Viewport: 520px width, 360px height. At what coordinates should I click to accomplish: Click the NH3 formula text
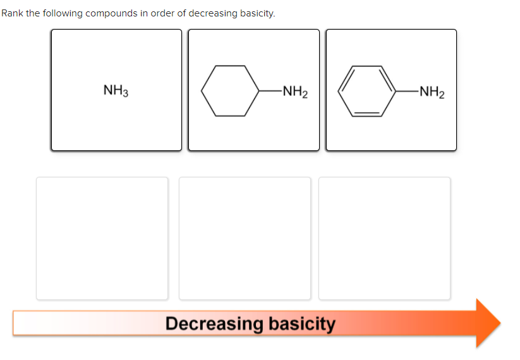(116, 91)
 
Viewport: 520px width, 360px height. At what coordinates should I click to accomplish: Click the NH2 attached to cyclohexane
(295, 92)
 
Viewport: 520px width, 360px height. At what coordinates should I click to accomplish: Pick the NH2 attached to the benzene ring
(432, 92)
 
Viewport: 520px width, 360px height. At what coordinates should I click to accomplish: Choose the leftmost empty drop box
(102, 238)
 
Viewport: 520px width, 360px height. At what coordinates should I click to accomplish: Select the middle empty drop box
(245, 238)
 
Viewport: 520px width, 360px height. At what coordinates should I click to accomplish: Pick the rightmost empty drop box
(385, 238)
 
